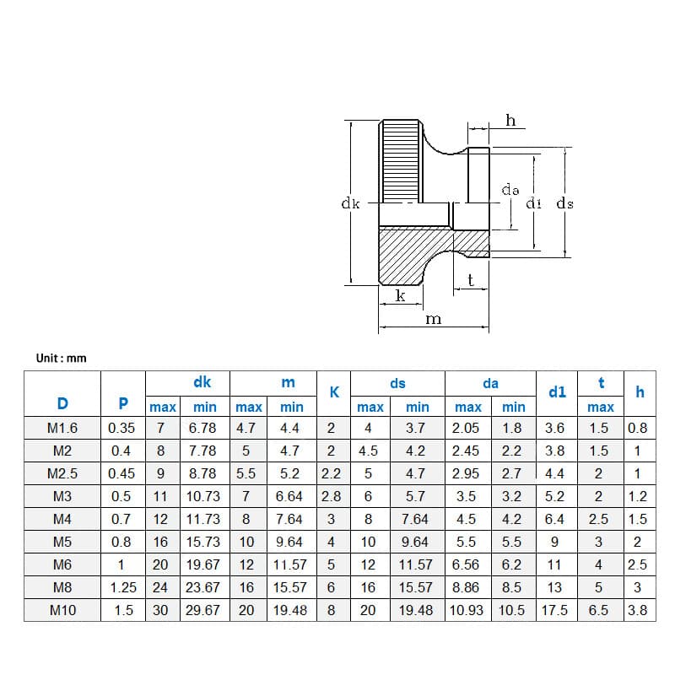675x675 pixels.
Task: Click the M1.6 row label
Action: click(x=62, y=429)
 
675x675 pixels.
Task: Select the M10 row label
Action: click(x=62, y=610)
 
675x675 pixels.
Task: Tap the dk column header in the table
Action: click(x=202, y=382)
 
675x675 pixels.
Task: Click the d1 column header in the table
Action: click(x=557, y=391)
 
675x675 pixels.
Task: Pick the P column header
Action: click(x=123, y=402)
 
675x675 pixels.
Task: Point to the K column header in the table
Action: click(x=334, y=391)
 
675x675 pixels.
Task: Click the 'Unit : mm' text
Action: click(x=61, y=359)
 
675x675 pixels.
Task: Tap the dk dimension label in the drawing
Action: click(x=350, y=203)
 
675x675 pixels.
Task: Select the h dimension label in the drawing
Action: click(x=510, y=121)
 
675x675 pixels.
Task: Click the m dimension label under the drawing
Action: click(x=433, y=319)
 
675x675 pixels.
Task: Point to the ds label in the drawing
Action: click(x=565, y=203)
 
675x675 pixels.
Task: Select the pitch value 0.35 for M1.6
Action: click(x=123, y=429)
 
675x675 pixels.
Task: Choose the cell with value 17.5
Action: click(x=554, y=610)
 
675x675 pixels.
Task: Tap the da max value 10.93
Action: click(x=467, y=610)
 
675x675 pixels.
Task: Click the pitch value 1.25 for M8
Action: click(x=123, y=587)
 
